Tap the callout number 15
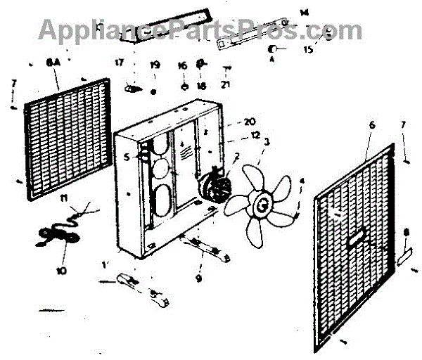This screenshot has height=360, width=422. (x=308, y=50)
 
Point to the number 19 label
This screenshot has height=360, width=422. (x=155, y=65)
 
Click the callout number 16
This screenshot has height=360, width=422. (x=183, y=65)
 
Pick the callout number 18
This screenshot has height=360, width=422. (x=201, y=86)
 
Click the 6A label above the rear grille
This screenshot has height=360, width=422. (x=53, y=63)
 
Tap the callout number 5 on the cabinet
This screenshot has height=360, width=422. (x=127, y=157)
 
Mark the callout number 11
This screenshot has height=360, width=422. (x=64, y=200)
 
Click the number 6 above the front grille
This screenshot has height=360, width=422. (x=372, y=124)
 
